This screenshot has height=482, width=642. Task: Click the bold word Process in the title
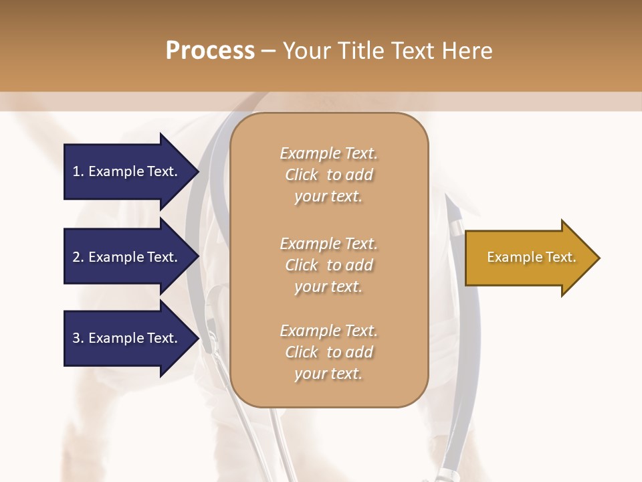(210, 51)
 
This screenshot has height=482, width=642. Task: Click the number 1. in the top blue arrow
(78, 171)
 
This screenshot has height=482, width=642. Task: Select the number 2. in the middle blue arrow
(78, 257)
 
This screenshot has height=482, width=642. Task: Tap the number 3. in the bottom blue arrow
(78, 338)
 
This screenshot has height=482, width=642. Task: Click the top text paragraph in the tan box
(328, 175)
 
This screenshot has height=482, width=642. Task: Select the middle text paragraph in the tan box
(328, 265)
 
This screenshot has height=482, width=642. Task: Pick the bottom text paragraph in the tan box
(328, 352)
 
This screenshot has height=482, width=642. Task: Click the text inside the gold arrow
(531, 257)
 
